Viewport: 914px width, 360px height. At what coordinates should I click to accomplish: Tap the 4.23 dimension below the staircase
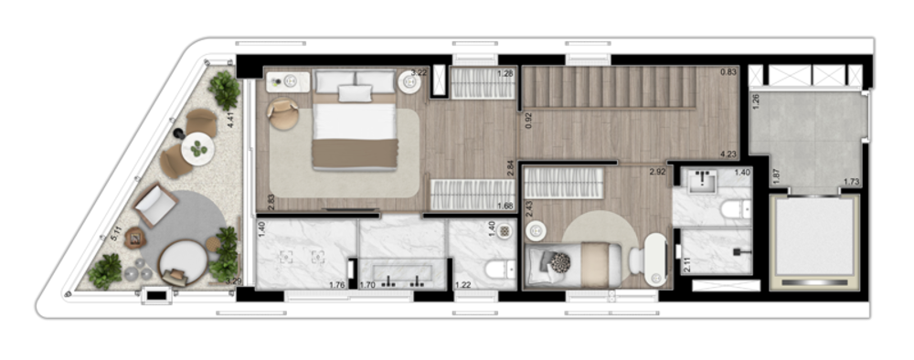728,154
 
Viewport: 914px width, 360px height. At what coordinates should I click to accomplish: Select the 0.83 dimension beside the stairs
728,72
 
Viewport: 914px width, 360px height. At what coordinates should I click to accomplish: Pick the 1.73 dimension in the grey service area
852,183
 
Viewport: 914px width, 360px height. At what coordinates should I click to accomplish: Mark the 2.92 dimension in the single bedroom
656,171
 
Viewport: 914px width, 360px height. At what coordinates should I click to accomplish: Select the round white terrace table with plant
197,147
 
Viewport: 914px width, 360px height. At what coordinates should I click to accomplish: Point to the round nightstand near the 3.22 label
412,83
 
